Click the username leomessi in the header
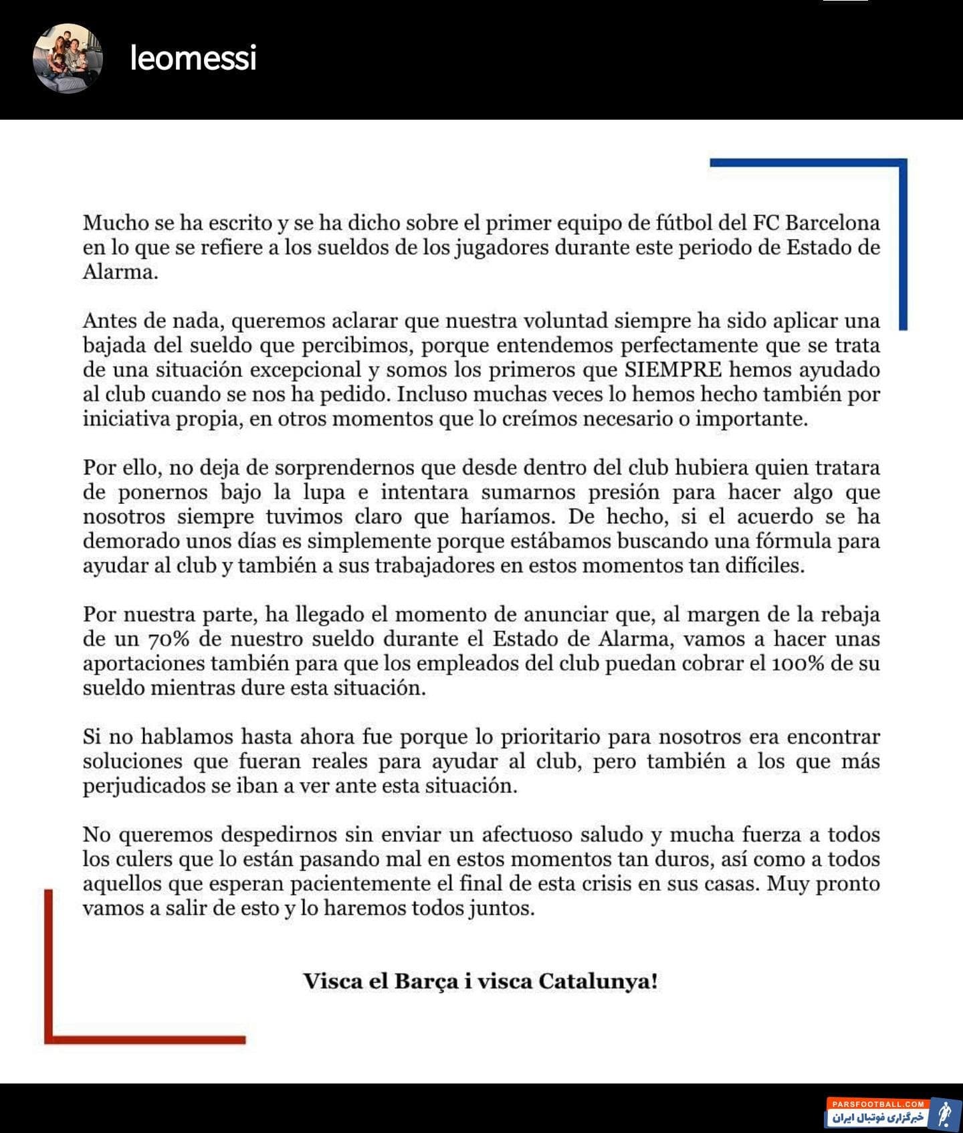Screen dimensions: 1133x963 coord(193,58)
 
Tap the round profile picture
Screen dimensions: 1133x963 coord(68,58)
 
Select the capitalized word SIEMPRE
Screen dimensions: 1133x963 coord(673,370)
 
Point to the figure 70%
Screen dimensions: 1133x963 coord(171,640)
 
